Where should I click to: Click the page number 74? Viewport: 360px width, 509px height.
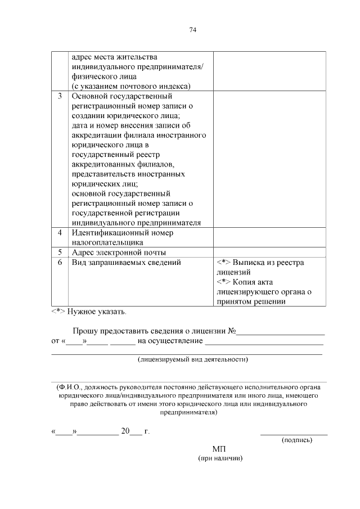tap(192, 29)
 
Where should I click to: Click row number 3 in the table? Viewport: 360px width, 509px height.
tap(60, 96)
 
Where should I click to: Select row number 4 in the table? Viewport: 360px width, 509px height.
tap(60, 232)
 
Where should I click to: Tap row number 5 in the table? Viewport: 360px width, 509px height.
tap(60, 252)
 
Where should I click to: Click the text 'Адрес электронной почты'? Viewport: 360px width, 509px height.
tap(118, 252)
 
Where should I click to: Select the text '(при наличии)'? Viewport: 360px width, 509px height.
tap(220, 458)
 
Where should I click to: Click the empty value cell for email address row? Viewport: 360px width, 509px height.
tap(269, 252)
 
